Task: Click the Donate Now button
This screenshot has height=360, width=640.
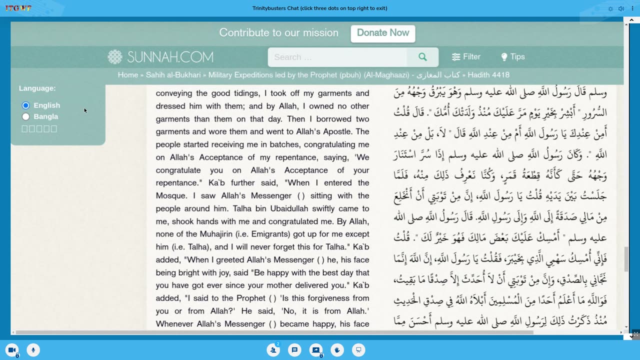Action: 383,33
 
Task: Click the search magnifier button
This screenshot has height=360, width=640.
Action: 422,57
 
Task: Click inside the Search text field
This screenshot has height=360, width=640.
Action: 337,57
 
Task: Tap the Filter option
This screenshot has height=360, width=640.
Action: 466,57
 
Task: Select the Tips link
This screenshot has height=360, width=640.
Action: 513,57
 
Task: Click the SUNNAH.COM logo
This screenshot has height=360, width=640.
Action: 160,57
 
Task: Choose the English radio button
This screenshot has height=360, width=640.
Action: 26,105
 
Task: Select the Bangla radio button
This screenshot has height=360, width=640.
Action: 26,116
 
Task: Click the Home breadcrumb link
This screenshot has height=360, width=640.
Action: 127,75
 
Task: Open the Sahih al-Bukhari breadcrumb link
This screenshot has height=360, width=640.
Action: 173,75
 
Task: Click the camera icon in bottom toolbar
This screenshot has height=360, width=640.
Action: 11,350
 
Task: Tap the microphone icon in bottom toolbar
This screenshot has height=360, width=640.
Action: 33,350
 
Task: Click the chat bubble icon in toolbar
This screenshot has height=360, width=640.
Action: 294,350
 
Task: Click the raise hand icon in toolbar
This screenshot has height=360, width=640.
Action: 337,350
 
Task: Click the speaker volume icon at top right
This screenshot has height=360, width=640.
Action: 621,8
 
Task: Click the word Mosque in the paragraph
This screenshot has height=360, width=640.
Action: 171,195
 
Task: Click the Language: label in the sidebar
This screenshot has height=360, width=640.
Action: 37,88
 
